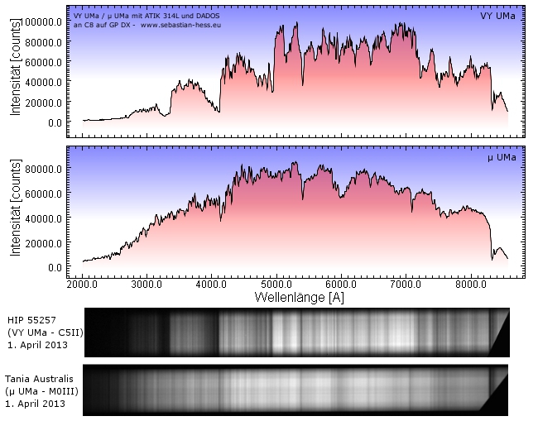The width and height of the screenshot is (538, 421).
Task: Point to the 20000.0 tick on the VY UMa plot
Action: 43,102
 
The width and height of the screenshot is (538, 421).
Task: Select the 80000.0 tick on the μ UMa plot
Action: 43,169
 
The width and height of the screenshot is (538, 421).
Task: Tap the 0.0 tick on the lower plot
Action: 52,267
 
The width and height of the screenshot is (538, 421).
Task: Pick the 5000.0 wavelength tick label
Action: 276,284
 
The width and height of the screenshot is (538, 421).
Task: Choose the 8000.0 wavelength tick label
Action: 470,284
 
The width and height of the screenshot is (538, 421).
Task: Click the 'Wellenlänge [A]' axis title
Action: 295,296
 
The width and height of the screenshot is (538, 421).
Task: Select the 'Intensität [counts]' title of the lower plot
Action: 16,211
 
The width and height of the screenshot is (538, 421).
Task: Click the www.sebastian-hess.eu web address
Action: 180,25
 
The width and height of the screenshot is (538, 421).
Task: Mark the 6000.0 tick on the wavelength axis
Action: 340,284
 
